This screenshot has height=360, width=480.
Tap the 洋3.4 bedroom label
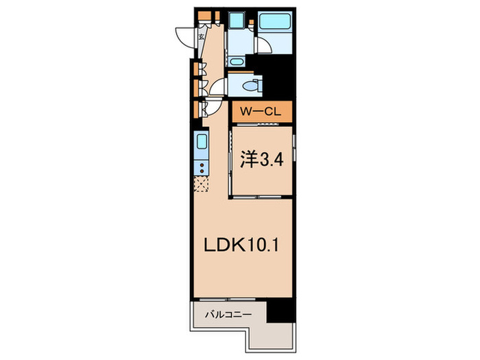[261, 160]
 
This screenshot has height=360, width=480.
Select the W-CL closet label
[261, 110]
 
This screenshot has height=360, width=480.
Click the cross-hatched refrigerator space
[202, 184]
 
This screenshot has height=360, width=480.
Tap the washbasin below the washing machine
[237, 61]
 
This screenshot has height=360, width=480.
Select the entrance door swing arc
[184, 36]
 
